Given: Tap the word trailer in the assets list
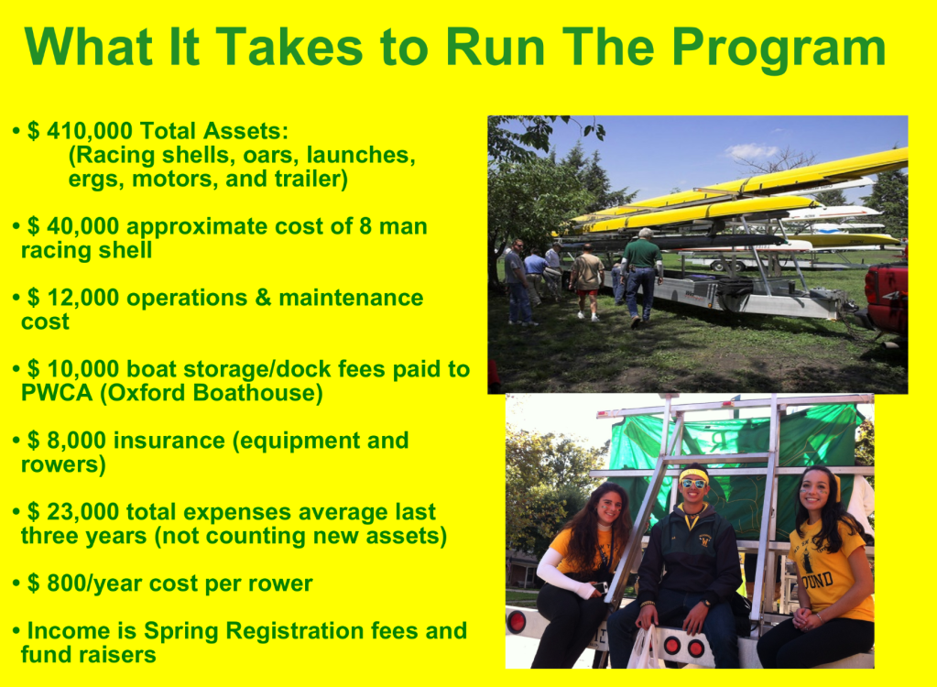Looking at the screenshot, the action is (x=311, y=180).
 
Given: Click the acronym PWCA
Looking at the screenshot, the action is (x=57, y=393).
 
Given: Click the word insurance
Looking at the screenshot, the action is (x=169, y=441).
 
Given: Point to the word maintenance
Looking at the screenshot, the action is (x=351, y=298).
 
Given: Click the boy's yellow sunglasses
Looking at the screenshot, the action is (x=693, y=483).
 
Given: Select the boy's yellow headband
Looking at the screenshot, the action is (x=693, y=474).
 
